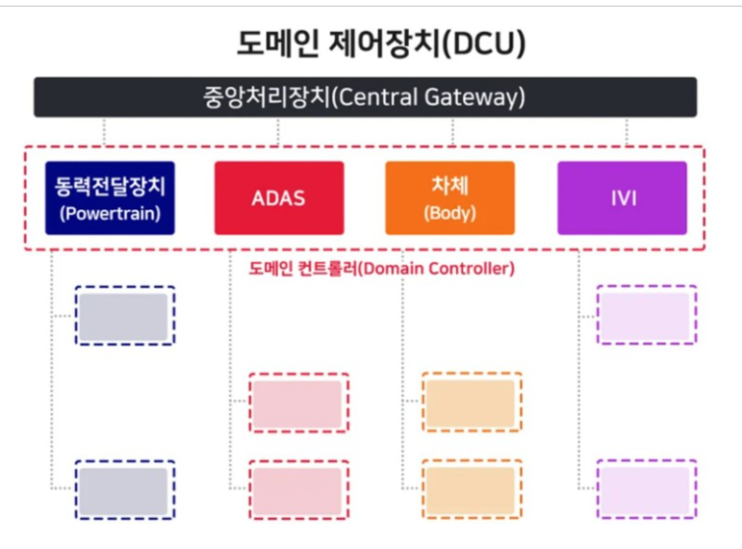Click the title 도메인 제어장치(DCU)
(x=381, y=43)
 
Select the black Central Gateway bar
(x=366, y=97)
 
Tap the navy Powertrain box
(x=109, y=198)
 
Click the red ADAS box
(x=279, y=198)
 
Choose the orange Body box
(x=450, y=198)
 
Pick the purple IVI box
(x=622, y=198)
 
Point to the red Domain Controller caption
(x=381, y=269)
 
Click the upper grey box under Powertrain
(x=125, y=315)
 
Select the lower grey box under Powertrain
(x=125, y=489)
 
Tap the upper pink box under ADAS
(x=299, y=402)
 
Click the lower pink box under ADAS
(x=299, y=489)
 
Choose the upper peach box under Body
(x=472, y=402)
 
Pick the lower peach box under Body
(x=472, y=489)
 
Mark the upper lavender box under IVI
(x=647, y=315)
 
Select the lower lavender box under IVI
(x=647, y=489)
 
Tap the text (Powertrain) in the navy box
(x=109, y=213)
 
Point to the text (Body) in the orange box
(x=450, y=213)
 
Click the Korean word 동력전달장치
(x=109, y=186)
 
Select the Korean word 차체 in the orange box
(x=450, y=185)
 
